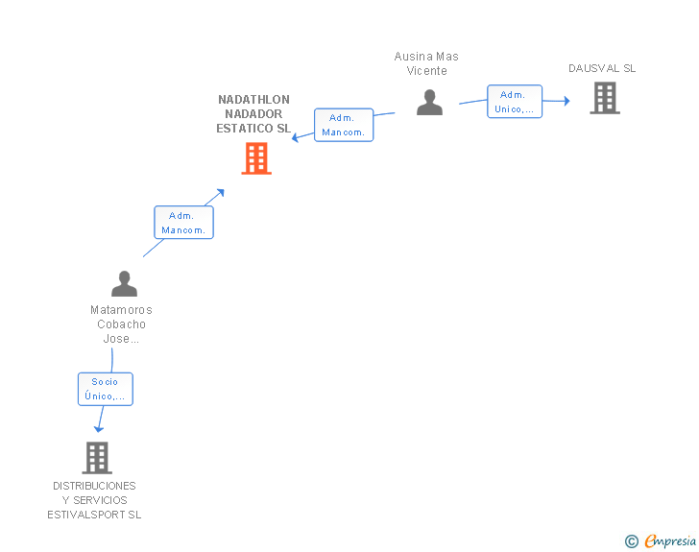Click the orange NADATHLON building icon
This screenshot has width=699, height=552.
point(256,158)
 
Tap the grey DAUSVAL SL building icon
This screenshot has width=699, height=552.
point(605,98)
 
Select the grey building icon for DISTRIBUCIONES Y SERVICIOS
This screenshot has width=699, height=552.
point(97,458)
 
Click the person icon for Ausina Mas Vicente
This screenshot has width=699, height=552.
point(429,102)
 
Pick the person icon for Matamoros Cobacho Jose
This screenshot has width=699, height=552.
point(124,284)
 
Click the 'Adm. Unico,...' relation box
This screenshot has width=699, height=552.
point(515,102)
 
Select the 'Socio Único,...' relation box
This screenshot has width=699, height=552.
point(106,389)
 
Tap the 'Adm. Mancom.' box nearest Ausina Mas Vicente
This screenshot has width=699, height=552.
point(344,125)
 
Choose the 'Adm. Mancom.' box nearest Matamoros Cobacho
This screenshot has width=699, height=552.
point(183,223)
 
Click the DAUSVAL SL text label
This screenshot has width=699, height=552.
point(602,68)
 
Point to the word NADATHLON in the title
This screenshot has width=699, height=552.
point(253,100)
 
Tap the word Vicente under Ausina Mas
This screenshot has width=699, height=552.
point(427,71)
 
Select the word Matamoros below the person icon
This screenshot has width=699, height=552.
point(121,310)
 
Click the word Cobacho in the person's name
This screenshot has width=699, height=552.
point(121,324)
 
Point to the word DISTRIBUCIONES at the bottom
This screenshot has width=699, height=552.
point(94,486)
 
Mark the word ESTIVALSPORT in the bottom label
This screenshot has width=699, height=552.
point(87,515)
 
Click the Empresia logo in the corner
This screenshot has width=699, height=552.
point(670,540)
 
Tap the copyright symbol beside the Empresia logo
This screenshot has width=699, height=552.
point(632,541)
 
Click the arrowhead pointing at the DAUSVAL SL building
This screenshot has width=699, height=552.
point(566,100)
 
